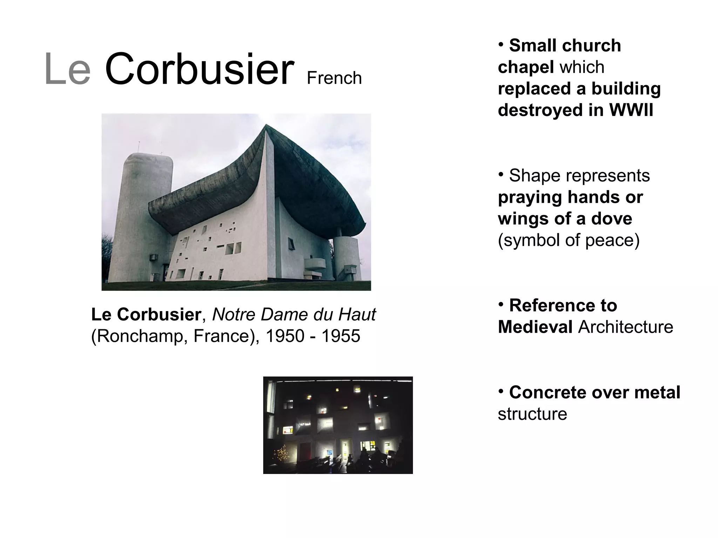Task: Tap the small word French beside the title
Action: coord(334,78)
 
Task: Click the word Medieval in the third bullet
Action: coord(535,327)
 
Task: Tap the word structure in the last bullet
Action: coord(532,414)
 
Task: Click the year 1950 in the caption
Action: coord(285,336)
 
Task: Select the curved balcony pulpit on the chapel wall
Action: coord(314,265)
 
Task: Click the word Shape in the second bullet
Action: coord(529,175)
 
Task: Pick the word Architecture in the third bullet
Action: coord(625,327)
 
